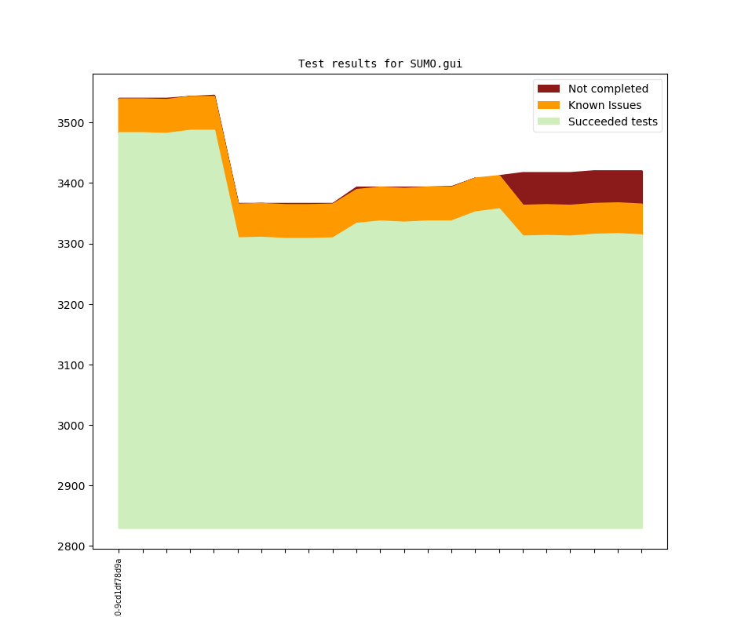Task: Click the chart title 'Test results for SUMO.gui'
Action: (380, 64)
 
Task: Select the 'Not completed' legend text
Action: (608, 89)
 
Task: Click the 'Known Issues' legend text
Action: (604, 106)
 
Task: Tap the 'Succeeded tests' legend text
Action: (613, 122)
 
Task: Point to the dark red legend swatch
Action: (549, 89)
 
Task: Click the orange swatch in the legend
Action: (549, 106)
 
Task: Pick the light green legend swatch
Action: (549, 122)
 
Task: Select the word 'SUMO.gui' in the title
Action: (436, 64)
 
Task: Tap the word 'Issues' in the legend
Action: (623, 106)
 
